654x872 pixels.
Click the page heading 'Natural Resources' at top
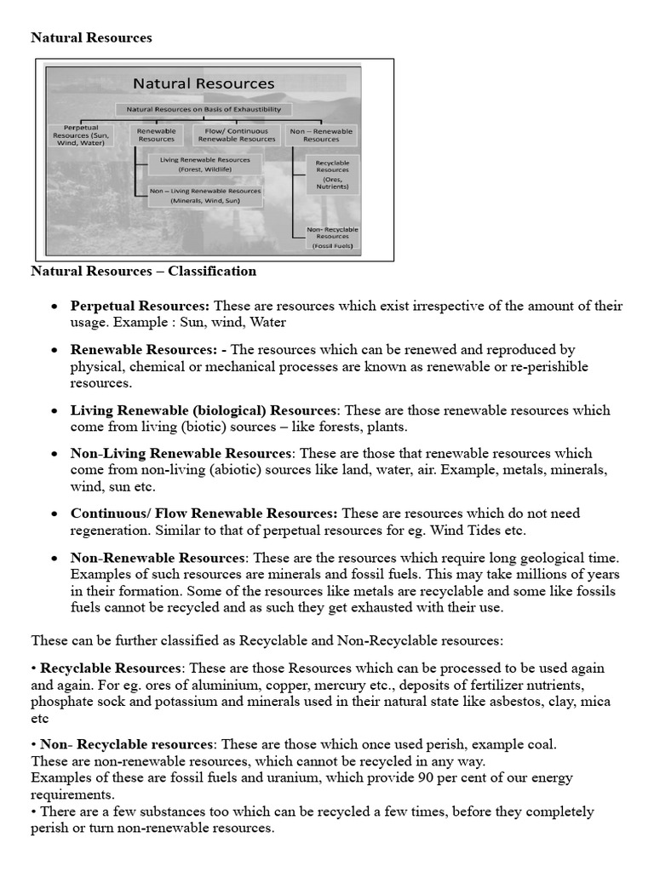tap(91, 37)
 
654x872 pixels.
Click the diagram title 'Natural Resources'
tap(203, 83)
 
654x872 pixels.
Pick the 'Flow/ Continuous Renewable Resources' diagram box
tap(236, 135)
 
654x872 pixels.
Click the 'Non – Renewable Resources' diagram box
tap(321, 135)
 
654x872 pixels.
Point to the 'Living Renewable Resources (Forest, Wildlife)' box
tap(205, 164)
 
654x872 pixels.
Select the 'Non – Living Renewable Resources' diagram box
tap(205, 196)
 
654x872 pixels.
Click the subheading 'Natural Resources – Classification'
tap(143, 272)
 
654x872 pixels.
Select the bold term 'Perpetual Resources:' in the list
tap(140, 306)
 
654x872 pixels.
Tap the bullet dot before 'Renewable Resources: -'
tap(54, 351)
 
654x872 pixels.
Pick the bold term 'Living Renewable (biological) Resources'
tap(204, 410)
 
